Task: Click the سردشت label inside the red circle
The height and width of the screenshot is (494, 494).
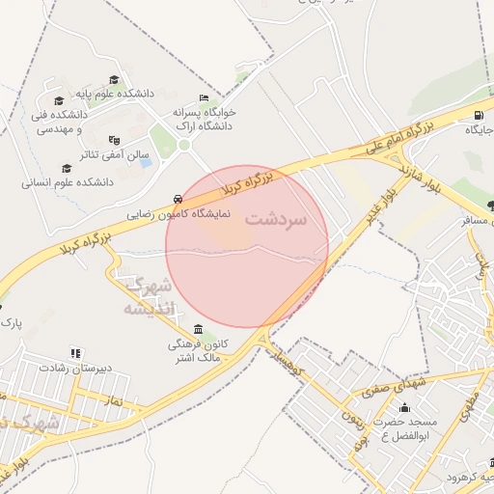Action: point(275,219)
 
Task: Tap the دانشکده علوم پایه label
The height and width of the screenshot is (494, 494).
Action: point(120,94)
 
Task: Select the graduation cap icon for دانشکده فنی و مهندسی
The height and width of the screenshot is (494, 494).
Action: point(60,100)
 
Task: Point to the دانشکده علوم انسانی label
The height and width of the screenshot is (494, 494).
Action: point(68,181)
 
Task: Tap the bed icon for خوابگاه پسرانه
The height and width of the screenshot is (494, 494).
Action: point(203,98)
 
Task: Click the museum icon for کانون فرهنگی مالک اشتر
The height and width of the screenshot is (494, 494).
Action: point(199,330)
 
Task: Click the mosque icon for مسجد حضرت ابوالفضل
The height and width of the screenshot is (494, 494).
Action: point(404,408)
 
